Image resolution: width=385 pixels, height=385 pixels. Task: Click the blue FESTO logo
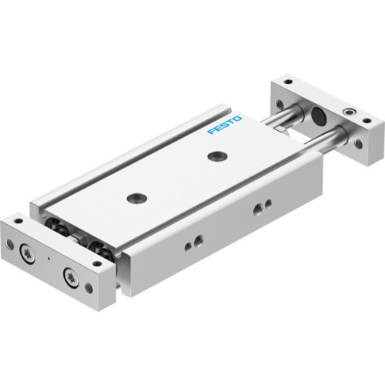[x=224, y=125]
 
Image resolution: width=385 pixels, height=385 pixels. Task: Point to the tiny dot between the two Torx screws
[x=52, y=259]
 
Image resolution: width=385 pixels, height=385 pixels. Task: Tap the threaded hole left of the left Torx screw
[x=10, y=244]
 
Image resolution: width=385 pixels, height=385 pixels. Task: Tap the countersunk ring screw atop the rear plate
[x=352, y=112]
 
